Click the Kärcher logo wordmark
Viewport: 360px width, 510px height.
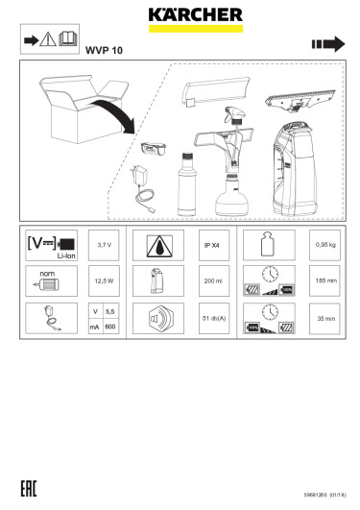coord(196,15)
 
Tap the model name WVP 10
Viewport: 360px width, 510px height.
coord(104,50)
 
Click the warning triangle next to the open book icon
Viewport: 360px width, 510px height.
coord(48,39)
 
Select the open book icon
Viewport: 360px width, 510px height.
coord(68,38)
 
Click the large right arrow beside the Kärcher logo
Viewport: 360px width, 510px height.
coord(328,44)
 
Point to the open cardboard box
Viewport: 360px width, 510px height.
coord(83,109)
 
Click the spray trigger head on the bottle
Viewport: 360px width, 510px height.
coord(234,115)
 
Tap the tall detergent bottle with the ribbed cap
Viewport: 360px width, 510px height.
coord(187,184)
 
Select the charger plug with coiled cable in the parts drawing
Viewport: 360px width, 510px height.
coord(142,187)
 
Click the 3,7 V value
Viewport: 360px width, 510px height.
coord(104,245)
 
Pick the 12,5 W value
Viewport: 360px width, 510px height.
coord(104,281)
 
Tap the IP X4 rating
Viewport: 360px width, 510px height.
coord(212,246)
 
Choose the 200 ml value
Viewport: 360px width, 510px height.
coord(213,281)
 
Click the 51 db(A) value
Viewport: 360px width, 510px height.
coord(214,319)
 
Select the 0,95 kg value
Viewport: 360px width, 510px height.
coord(325,245)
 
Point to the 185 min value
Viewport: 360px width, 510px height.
coord(326,280)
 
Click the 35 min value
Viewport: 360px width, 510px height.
coord(326,319)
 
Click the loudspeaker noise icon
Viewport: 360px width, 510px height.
coord(158,319)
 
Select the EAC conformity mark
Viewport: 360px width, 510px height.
coord(29,488)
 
